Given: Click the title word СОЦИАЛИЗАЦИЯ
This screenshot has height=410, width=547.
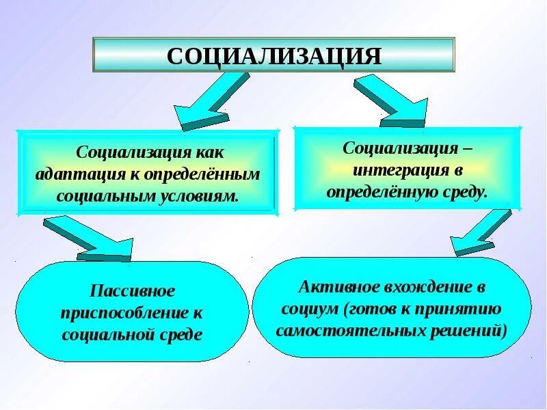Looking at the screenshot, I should pyautogui.click(x=273, y=55).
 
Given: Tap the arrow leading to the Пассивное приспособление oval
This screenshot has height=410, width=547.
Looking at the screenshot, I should pyautogui.click(x=89, y=239).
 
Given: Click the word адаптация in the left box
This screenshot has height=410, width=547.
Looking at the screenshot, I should pyautogui.click(x=74, y=174).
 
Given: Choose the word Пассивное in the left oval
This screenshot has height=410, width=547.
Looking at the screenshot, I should pyautogui.click(x=132, y=291).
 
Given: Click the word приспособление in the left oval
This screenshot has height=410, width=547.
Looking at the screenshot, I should pyautogui.click(x=123, y=313).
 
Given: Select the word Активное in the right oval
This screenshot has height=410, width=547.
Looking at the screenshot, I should pyautogui.click(x=332, y=286).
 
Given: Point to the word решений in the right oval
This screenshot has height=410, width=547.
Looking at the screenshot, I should pyautogui.click(x=472, y=331).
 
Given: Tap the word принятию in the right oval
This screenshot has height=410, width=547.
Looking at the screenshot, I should pyautogui.click(x=468, y=309).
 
